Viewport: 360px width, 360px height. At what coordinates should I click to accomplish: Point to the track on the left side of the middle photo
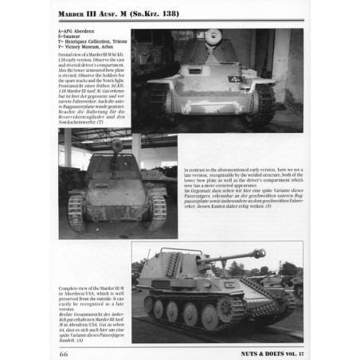pyautogui.click(x=77, y=210)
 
